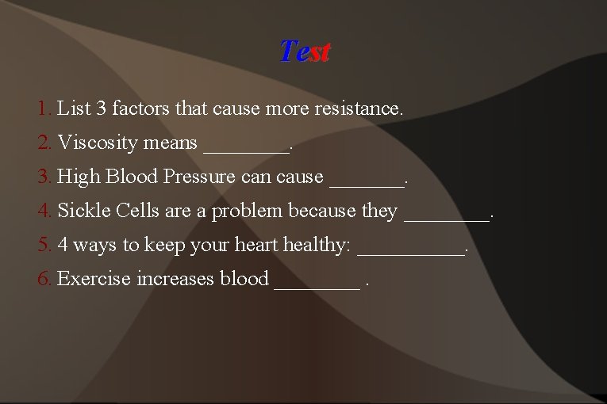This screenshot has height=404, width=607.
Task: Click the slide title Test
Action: click(x=305, y=52)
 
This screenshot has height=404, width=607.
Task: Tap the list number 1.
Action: click(x=44, y=108)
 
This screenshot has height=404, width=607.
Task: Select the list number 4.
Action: click(x=44, y=211)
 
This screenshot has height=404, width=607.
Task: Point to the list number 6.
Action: click(x=44, y=279)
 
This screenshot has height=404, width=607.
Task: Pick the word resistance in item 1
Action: click(x=361, y=108)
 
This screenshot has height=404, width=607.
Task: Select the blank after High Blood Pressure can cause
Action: click(x=366, y=181)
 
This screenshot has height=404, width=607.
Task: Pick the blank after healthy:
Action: click(x=411, y=250)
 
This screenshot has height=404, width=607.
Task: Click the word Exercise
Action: click(x=94, y=279)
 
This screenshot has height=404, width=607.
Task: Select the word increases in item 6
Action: click(x=175, y=279)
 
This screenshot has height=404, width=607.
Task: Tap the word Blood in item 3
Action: click(x=134, y=177)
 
